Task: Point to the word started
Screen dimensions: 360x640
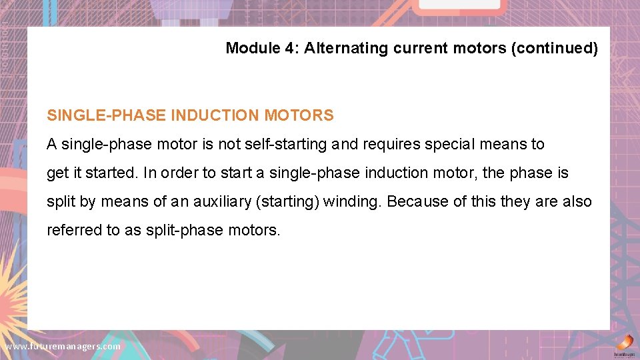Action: (x=107, y=173)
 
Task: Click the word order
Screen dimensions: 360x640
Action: (x=179, y=173)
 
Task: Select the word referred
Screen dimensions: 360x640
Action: (x=72, y=231)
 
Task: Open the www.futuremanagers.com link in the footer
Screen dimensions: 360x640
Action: (x=63, y=347)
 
